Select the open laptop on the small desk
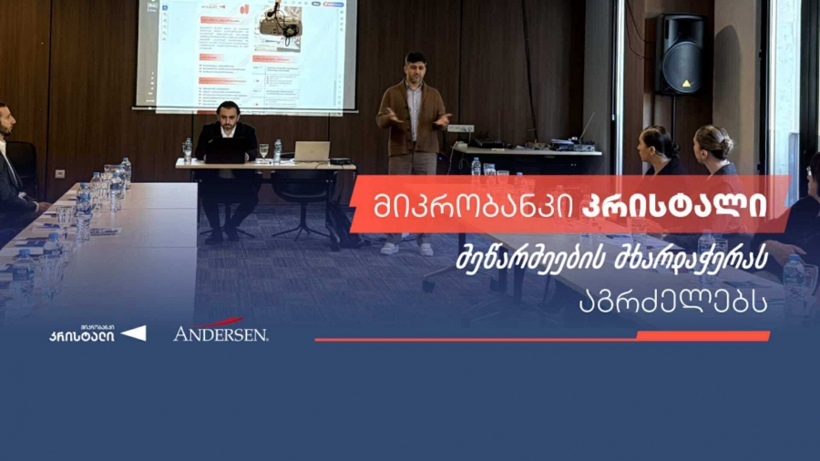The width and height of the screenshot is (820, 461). pos(311,151)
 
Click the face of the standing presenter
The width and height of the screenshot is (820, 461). pos(415,69)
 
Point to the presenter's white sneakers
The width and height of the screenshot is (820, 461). pos(406,248)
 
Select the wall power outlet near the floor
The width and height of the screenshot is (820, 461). pos(60,173)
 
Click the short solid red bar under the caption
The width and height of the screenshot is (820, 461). pos(702,336)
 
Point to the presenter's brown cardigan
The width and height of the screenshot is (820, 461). pos(413,118)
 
